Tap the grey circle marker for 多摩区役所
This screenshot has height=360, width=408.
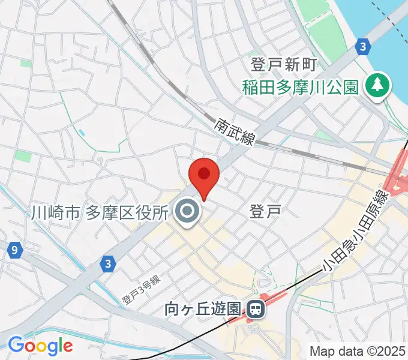(188, 211)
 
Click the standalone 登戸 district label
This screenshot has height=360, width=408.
(265, 211)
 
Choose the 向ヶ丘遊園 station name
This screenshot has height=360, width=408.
(204, 310)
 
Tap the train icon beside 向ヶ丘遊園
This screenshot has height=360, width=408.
(256, 310)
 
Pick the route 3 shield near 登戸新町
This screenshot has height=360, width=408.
(361, 46)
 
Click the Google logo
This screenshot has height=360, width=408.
(40, 346)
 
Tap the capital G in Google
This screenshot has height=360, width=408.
(16, 345)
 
